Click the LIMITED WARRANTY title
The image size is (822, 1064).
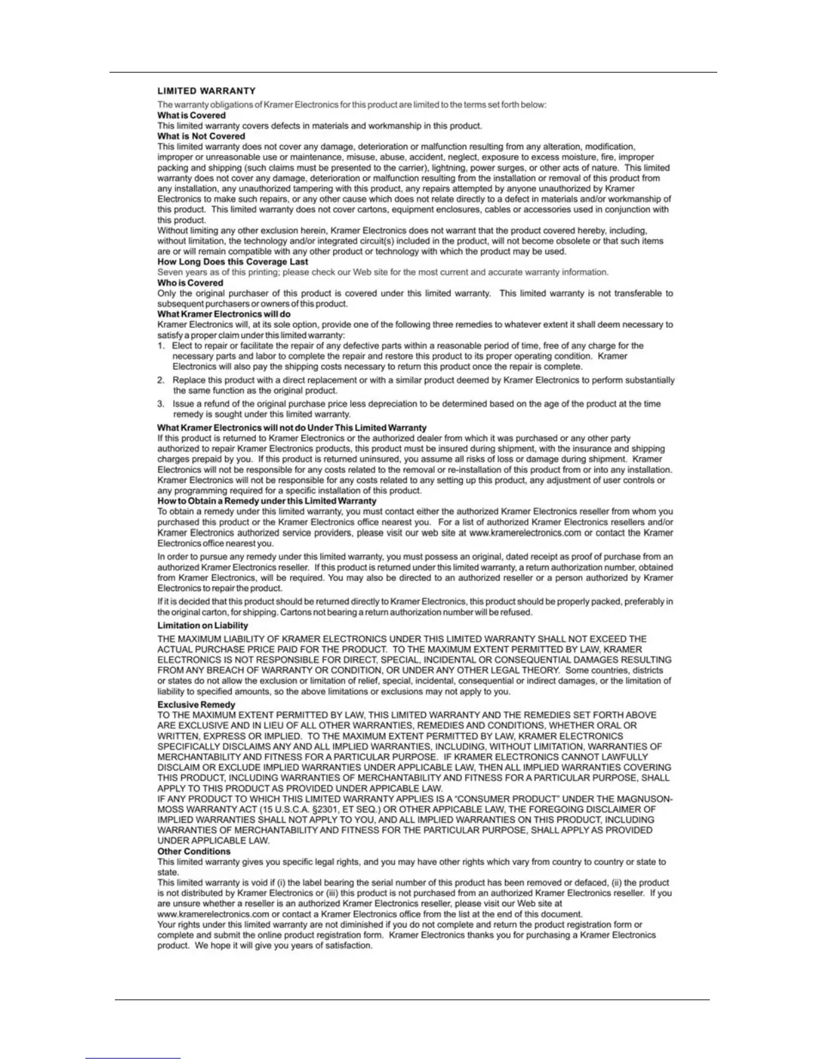pyautogui.click(x=206, y=91)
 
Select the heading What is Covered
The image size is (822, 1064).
pyautogui.click(x=191, y=116)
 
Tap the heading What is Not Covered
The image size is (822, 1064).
pyautogui.click(x=201, y=136)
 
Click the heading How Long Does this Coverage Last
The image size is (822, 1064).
pyautogui.click(x=232, y=262)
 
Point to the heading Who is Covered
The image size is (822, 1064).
pyautogui.click(x=190, y=283)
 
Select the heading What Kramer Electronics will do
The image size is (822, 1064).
pyautogui.click(x=224, y=314)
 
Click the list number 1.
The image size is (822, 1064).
pyautogui.click(x=161, y=346)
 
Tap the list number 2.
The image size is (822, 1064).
pyautogui.click(x=161, y=380)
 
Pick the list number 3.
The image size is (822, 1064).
pyautogui.click(x=161, y=404)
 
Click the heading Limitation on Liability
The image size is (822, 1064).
pyautogui.click(x=202, y=625)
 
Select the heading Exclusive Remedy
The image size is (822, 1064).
pyautogui.click(x=196, y=705)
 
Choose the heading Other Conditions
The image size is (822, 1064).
pyautogui.click(x=193, y=851)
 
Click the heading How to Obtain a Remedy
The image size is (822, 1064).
pyautogui.click(x=267, y=500)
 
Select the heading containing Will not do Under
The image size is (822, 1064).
pyautogui.click(x=291, y=428)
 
